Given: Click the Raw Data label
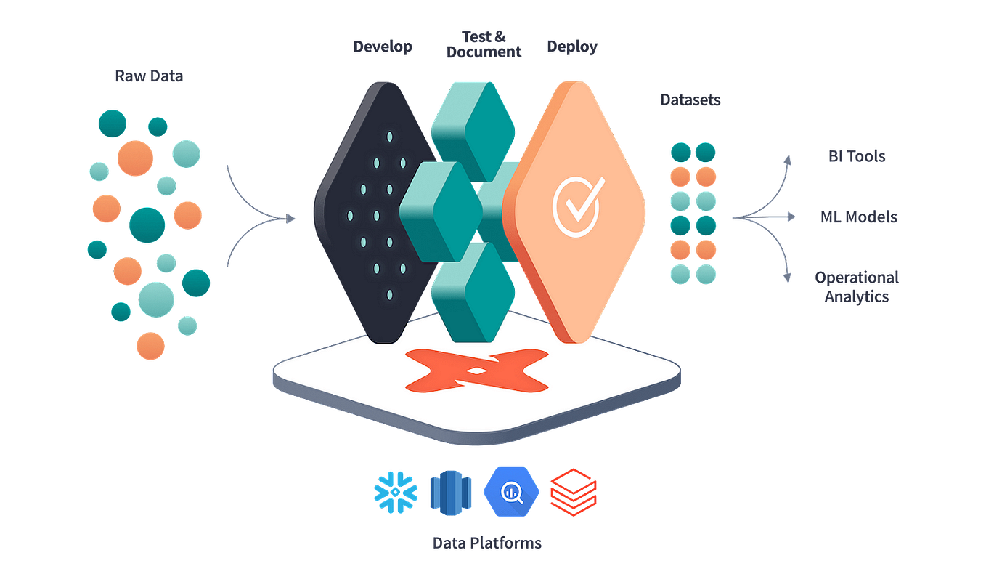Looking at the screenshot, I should tap(147, 76).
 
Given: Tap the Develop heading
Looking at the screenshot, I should tap(383, 47).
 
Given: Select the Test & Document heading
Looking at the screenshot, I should tap(482, 43).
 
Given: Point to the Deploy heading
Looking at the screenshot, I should tap(572, 47).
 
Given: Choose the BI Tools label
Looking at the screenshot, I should tap(857, 155).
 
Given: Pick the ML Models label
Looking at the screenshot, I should tap(857, 217).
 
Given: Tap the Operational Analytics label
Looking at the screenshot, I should tap(857, 286).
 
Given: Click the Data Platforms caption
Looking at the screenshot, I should tap(486, 542).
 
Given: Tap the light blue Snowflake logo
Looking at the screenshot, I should tap(396, 490).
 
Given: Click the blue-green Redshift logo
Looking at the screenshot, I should tap(450, 491).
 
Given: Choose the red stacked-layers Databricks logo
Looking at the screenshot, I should tap(574, 491).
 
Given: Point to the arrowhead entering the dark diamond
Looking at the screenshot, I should tap(292, 217).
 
